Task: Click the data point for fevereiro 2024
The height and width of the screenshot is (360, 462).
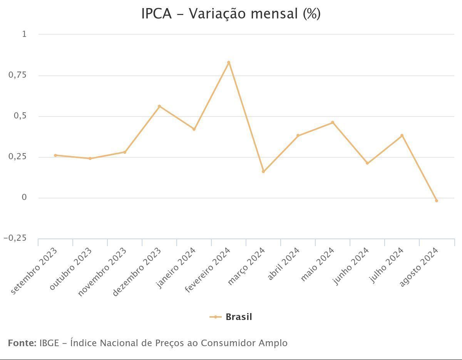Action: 229,62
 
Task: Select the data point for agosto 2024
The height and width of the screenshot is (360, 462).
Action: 436,201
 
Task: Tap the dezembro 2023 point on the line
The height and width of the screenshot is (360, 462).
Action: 159,106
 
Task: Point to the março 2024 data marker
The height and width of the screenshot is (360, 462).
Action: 263,172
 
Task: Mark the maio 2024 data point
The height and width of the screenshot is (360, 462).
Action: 333,123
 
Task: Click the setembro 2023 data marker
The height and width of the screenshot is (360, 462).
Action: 55,155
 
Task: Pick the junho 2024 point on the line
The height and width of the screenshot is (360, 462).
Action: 367,163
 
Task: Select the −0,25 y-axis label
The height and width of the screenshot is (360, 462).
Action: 15,238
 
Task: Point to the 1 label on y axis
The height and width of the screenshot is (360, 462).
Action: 24,34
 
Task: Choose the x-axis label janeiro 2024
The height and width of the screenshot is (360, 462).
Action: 176,268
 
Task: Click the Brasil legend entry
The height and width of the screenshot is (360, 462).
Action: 231,317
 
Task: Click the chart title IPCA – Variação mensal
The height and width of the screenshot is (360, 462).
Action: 231,14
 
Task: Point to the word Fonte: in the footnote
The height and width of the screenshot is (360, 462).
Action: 22,343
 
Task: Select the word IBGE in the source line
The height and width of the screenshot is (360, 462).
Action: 49,343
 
